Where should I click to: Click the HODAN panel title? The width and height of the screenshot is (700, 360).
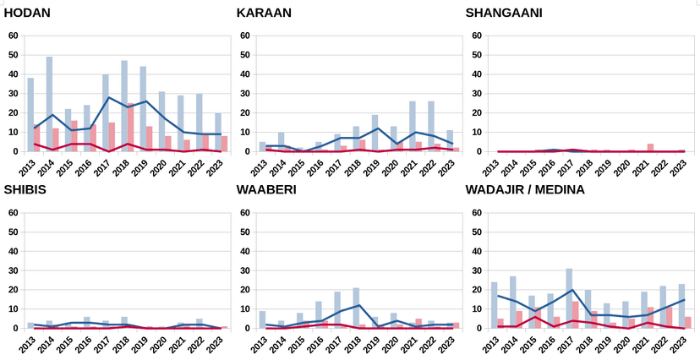click(x=27, y=13)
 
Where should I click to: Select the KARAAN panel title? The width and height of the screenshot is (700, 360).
click(x=265, y=13)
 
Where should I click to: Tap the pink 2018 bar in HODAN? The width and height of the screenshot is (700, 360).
click(x=131, y=128)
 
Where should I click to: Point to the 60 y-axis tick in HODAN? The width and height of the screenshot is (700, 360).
click(x=12, y=35)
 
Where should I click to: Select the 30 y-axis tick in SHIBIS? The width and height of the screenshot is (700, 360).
click(x=12, y=270)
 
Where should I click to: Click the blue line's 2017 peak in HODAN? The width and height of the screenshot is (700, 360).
click(x=108, y=97)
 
